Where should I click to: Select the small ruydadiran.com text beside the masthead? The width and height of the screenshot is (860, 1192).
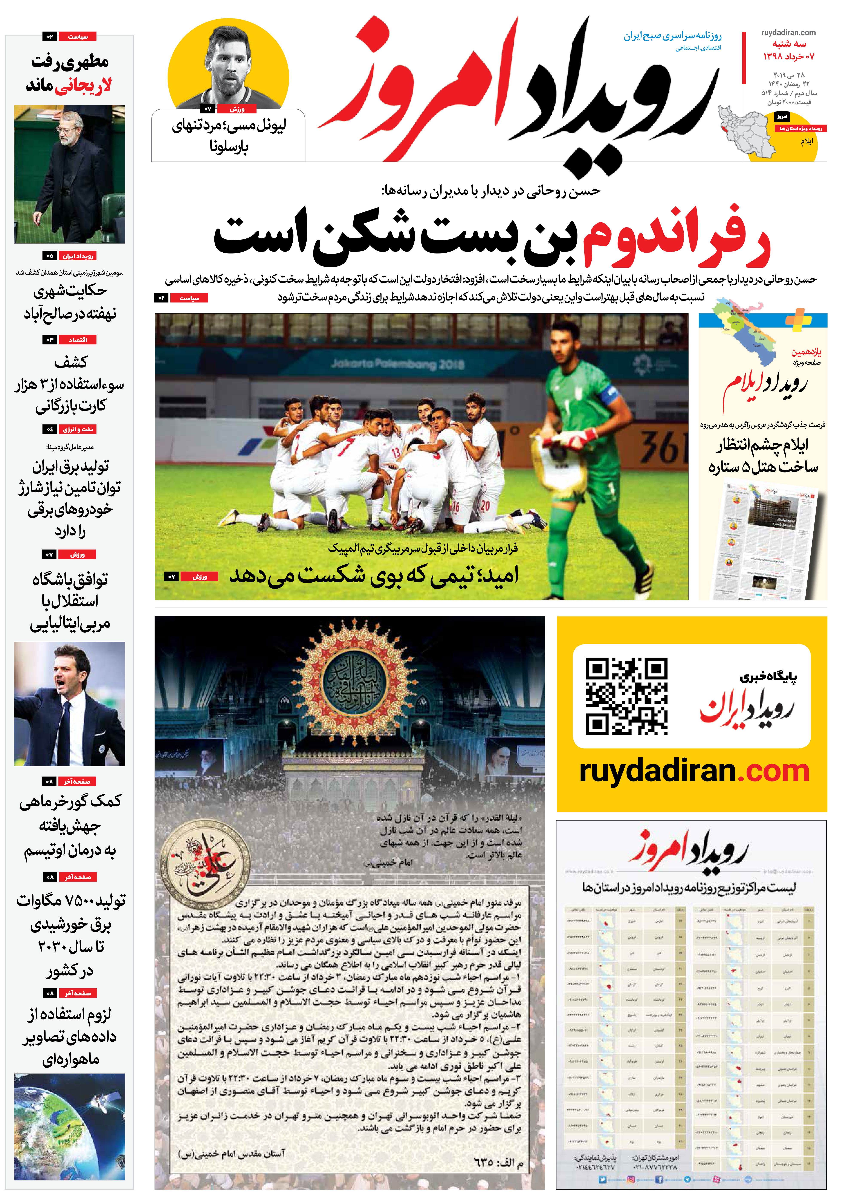click(x=788, y=33)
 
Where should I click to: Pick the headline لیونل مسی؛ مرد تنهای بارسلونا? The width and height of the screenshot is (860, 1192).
click(x=229, y=135)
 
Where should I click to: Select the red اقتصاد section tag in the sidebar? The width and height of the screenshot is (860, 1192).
click(x=78, y=340)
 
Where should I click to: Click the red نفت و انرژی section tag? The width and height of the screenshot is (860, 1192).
click(x=78, y=429)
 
